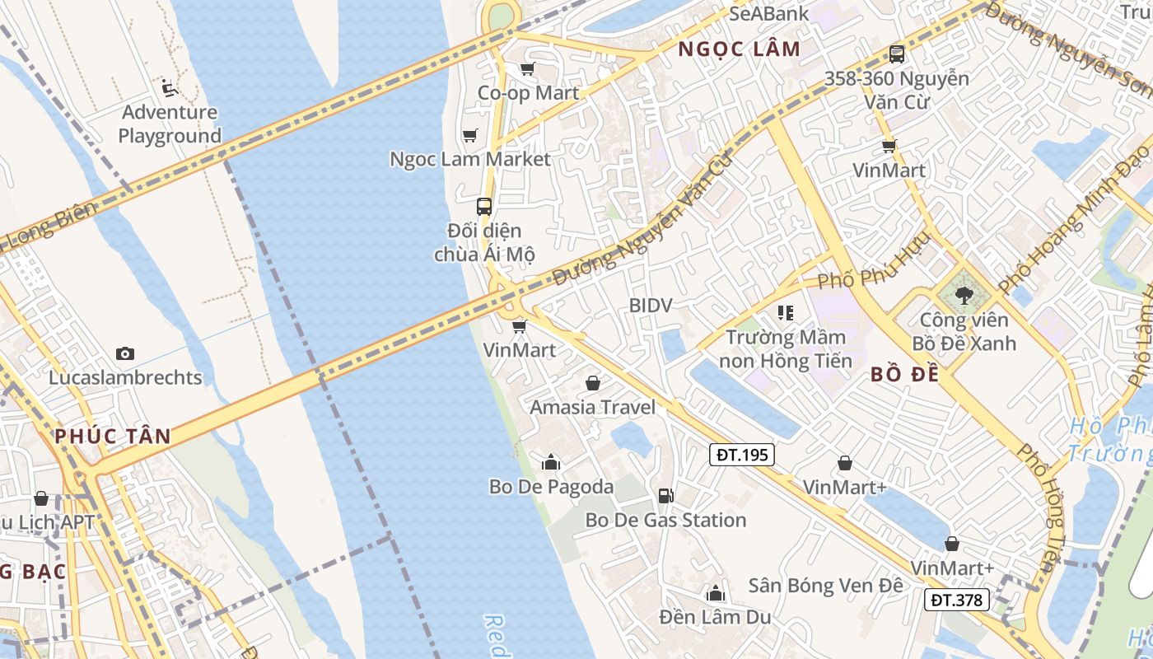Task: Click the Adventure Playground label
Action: (170, 124)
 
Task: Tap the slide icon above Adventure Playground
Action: (170, 87)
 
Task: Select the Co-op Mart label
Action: (529, 93)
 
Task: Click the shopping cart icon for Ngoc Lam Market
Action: (469, 135)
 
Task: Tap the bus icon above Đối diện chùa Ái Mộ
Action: (484, 207)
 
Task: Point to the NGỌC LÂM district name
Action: (739, 49)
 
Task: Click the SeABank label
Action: (769, 13)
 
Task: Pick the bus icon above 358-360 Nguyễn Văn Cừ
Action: (897, 54)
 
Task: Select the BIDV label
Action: (651, 305)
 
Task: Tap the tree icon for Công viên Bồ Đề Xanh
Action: (964, 293)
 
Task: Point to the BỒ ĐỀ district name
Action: (905, 375)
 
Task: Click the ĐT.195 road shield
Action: (742, 454)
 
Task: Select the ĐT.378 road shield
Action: (957, 600)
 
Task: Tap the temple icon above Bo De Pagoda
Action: (551, 462)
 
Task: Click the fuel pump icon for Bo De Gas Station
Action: (665, 495)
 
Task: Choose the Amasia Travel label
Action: (593, 407)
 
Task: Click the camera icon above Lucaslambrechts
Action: (125, 353)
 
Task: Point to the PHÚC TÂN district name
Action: (113, 436)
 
